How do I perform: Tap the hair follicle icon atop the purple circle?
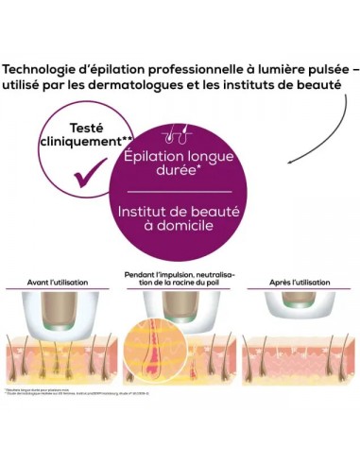[178, 133]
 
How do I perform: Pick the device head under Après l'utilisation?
[296, 300]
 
